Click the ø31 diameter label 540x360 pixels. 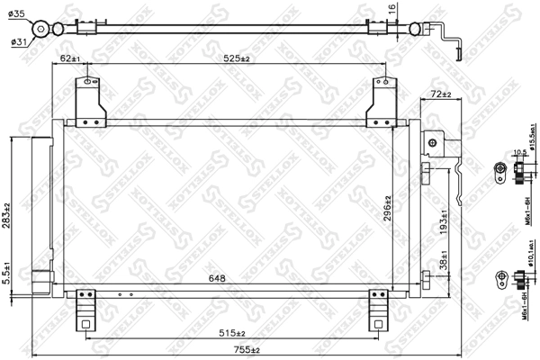19,41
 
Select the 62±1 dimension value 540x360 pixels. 69,59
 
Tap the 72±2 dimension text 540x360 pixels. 440,94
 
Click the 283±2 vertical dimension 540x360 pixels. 8,216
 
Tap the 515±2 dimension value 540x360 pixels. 237,333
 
